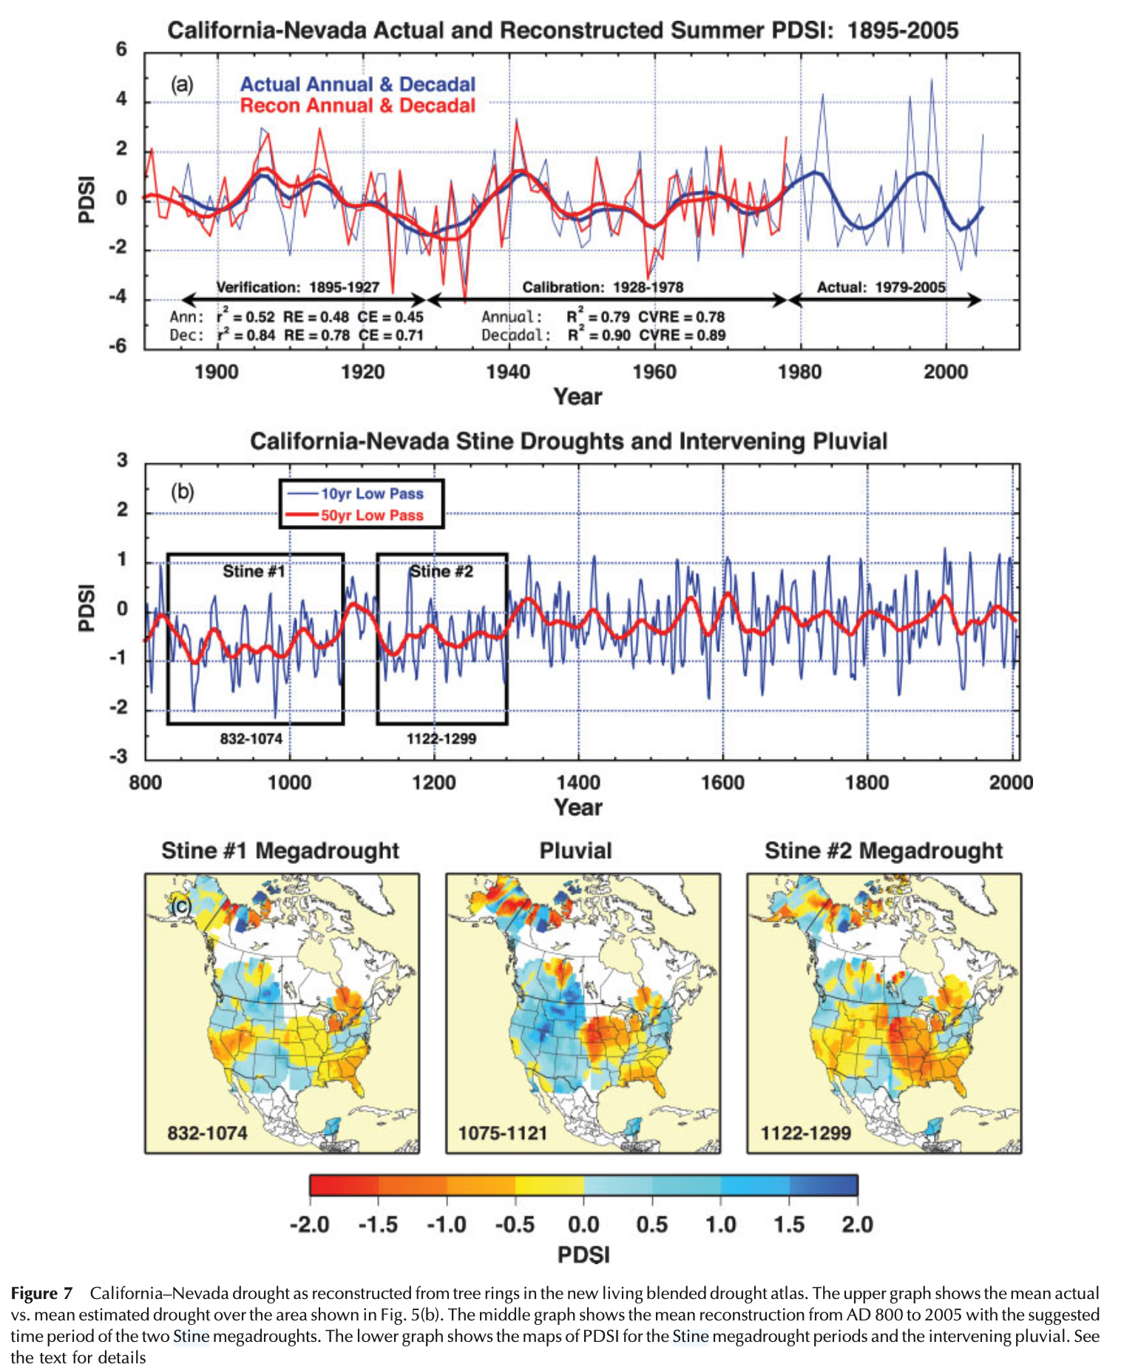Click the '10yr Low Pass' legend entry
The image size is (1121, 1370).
click(x=371, y=493)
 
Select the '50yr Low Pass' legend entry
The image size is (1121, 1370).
click(x=371, y=515)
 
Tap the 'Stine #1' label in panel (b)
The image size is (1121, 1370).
click(x=254, y=571)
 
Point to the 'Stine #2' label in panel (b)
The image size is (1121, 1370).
click(x=441, y=571)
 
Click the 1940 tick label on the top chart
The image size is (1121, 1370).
click(x=508, y=371)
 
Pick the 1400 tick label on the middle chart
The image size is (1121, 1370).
click(x=578, y=783)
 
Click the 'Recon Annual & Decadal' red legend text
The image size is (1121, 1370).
click(x=357, y=106)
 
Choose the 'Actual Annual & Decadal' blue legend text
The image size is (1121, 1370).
click(x=357, y=84)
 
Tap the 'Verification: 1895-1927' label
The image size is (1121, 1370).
click(x=297, y=287)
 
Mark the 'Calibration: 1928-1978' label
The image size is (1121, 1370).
click(x=603, y=287)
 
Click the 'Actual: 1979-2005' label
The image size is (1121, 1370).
click(x=881, y=287)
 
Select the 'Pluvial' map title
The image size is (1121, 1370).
click(x=575, y=851)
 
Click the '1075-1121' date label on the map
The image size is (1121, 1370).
click(x=502, y=1133)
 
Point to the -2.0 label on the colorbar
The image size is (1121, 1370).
click(x=309, y=1224)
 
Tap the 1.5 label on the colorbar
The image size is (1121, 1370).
click(x=789, y=1224)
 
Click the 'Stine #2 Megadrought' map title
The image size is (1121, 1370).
click(x=884, y=851)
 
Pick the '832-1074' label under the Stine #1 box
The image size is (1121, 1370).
click(x=251, y=738)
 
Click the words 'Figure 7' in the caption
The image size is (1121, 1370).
click(x=41, y=1293)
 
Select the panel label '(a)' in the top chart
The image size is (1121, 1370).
click(x=182, y=84)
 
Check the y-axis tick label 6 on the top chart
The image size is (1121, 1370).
click(x=121, y=50)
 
